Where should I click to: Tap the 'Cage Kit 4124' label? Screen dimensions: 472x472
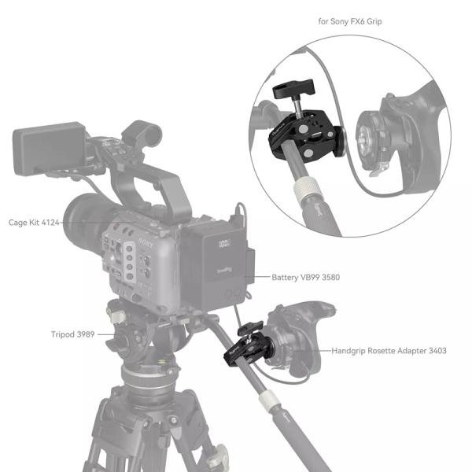point(33,223)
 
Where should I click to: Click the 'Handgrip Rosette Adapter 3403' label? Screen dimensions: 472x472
point(389,350)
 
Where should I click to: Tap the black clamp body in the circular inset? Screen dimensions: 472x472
point(311,131)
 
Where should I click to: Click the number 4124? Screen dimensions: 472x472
point(50,223)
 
